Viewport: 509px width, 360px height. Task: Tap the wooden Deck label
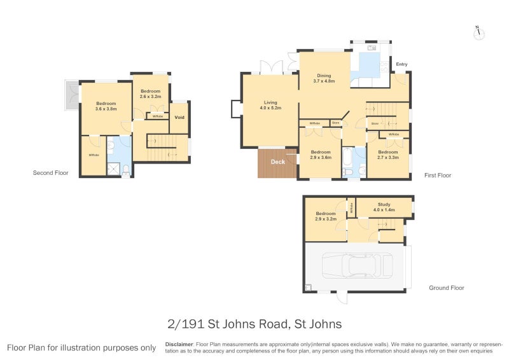278,162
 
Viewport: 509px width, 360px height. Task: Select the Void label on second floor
179,117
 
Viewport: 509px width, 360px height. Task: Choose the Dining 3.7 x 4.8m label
324,78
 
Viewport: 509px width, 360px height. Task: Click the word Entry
401,64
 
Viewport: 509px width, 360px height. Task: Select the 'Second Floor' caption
51,172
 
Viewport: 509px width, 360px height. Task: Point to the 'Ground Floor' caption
446,287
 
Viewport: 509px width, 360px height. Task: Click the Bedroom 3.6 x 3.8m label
106,106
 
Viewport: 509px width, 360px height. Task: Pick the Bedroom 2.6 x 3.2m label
151,93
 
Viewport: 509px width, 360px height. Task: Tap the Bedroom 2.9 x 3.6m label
320,155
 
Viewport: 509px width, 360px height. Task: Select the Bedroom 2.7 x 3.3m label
387,155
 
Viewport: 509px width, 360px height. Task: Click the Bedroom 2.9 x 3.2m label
325,216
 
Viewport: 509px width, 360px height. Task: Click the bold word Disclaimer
179,343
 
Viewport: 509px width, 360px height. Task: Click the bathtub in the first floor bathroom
348,155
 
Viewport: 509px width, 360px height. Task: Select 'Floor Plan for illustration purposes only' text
81,348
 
